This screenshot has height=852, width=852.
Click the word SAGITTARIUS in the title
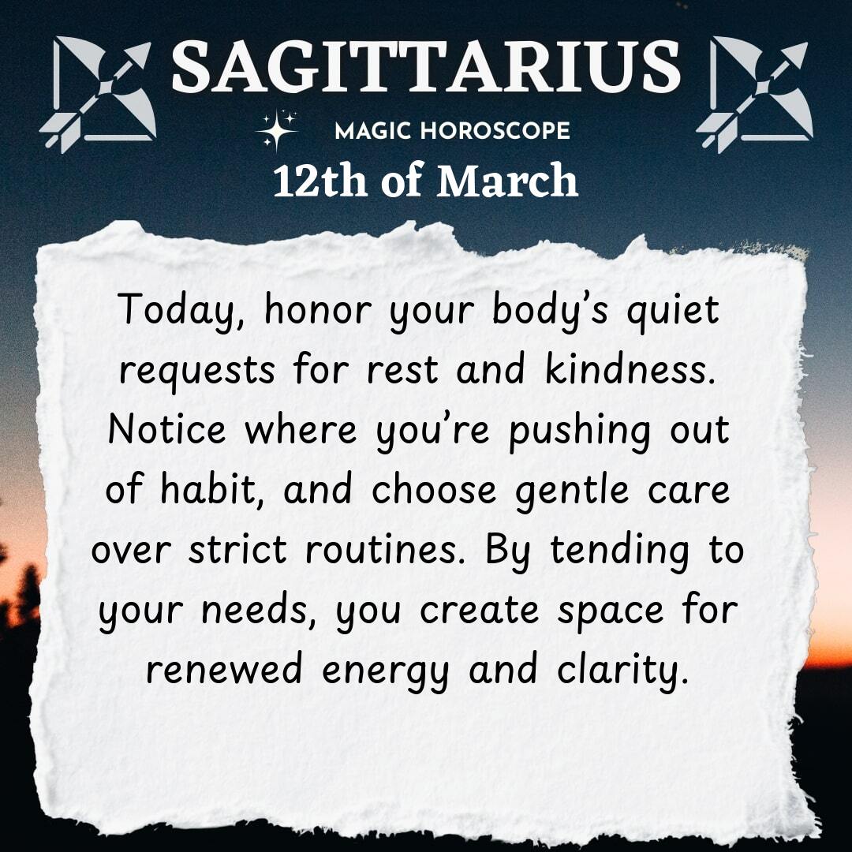(x=426, y=66)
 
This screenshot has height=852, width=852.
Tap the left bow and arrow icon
(x=98, y=94)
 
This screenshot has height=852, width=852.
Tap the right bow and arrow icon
(x=754, y=94)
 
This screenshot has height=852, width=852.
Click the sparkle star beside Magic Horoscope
(x=277, y=130)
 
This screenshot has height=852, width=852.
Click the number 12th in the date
(x=320, y=181)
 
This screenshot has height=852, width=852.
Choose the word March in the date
(x=507, y=181)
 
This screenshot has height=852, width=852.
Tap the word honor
(x=318, y=310)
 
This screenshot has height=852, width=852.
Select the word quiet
(x=673, y=311)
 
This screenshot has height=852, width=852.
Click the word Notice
(x=167, y=429)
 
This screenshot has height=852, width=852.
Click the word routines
(x=382, y=549)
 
